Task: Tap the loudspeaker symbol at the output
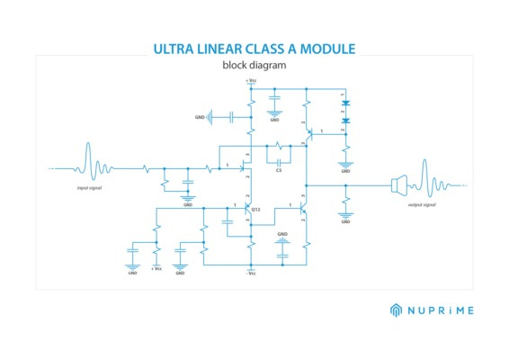pos(395,186)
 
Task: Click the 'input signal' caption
pos(91,188)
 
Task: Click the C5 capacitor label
pos(280,169)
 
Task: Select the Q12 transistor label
pos(255,209)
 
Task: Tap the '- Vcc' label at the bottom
pos(252,272)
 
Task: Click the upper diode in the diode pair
pos(344,104)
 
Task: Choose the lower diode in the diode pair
pos(344,119)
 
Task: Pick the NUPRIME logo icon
pos(395,310)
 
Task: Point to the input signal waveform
pos(90,165)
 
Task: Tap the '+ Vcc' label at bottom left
pos(156,268)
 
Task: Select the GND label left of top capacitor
pos(199,116)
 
